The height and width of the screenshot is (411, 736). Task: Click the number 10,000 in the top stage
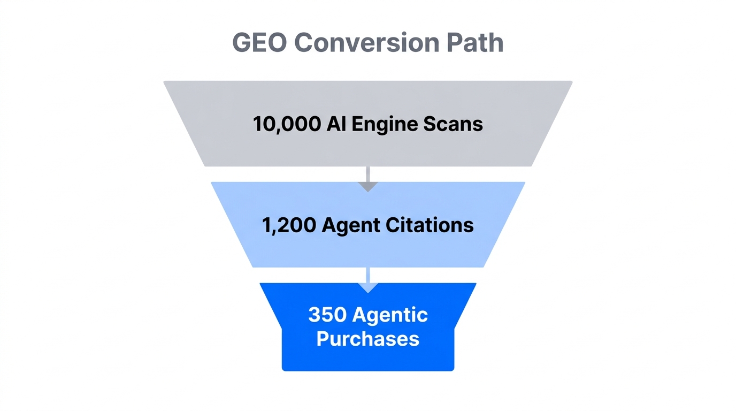coord(286,124)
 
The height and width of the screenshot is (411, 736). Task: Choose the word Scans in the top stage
coord(453,124)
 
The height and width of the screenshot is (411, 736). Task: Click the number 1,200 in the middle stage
coord(289,225)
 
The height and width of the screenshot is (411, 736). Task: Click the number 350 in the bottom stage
coord(327,315)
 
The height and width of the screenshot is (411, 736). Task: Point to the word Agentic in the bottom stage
coord(390,315)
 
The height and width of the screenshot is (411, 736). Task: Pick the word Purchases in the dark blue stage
coord(368,339)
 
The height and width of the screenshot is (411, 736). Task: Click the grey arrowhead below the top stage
coord(368,186)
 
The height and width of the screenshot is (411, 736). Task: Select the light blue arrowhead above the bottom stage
coord(368,288)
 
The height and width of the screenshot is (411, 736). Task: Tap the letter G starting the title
coord(242,43)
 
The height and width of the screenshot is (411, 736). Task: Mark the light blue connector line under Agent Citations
coord(368,274)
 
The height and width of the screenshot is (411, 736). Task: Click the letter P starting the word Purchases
coord(323,339)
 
